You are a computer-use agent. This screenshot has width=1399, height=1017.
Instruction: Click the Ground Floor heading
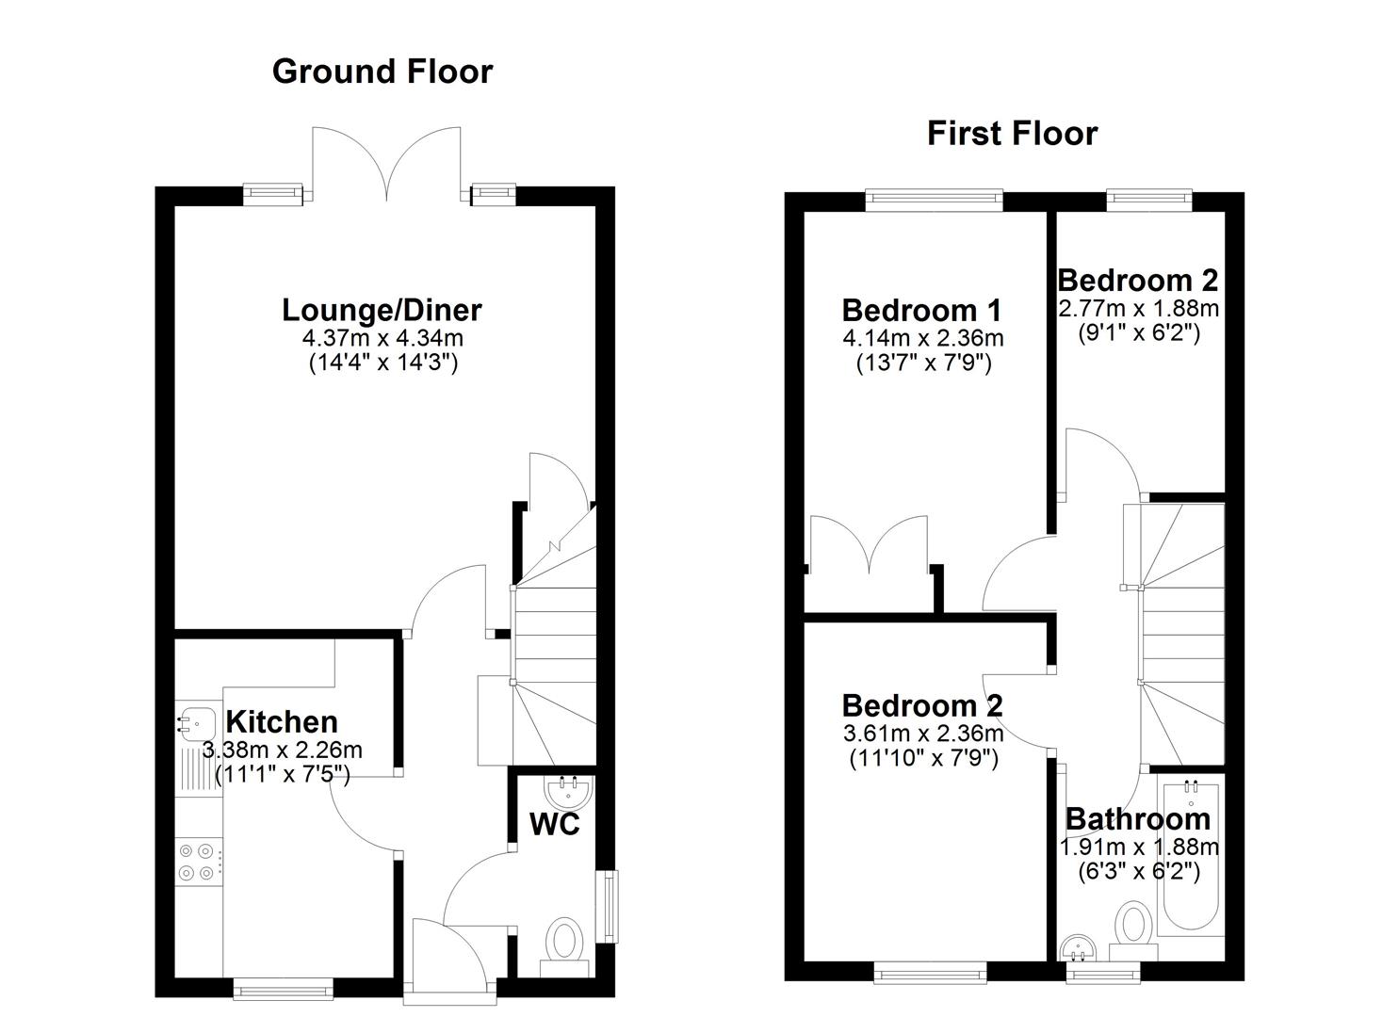382,72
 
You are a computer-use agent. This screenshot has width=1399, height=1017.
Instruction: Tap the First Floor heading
1012,134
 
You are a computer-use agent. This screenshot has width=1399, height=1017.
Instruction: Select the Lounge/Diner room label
382,310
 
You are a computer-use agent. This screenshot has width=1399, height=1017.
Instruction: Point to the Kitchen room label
282,722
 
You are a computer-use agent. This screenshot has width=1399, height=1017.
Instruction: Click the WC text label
554,824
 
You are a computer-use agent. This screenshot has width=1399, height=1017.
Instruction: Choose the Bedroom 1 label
921,311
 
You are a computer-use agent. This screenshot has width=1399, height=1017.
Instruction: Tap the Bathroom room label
1137,819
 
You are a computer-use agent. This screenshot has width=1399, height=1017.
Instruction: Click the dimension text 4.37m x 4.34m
382,338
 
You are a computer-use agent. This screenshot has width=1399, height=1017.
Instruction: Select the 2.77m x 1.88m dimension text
1138,308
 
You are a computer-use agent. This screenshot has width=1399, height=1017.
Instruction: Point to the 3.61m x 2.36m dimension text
921,733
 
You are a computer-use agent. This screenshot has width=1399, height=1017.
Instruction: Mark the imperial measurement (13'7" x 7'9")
922,363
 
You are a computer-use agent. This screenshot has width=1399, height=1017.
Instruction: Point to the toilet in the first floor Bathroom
1131,924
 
